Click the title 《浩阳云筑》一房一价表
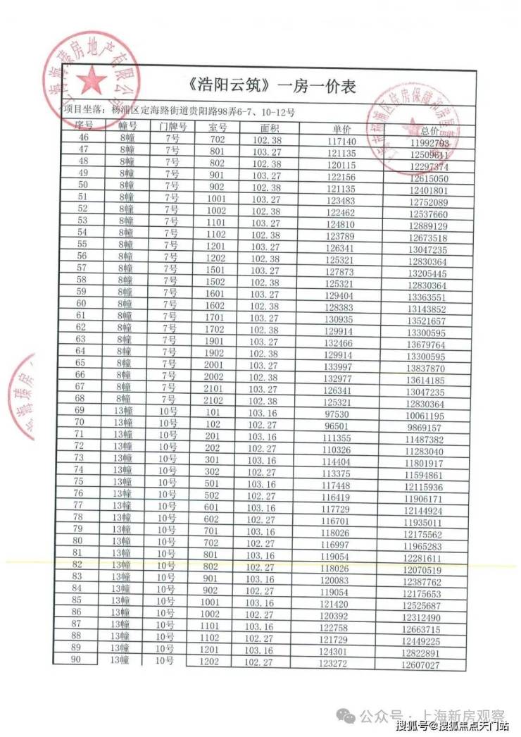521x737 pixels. coord(272,87)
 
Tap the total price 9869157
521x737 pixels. coord(424,428)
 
